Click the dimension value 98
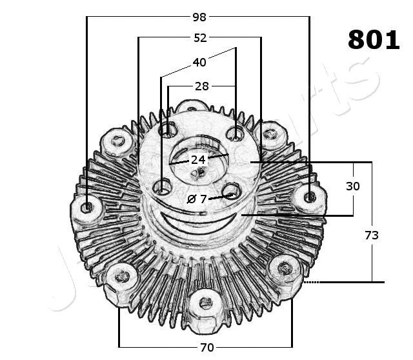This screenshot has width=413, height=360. point(199,17)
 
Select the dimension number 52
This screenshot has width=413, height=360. point(200,38)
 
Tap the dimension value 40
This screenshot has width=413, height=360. point(199,63)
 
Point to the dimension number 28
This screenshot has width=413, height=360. point(202,86)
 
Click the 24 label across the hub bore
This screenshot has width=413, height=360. point(197,159)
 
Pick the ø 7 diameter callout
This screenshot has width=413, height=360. point(197,199)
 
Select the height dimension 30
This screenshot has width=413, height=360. point(352,186)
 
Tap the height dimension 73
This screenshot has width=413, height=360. point(371,235)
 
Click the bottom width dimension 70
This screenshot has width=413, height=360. point(206,348)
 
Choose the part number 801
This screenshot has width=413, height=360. point(374,40)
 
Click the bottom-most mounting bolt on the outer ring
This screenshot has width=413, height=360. point(205,301)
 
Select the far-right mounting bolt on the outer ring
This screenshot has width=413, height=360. point(309,196)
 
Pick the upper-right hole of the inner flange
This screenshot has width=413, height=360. point(236,134)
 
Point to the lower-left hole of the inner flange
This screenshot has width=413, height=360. point(162,188)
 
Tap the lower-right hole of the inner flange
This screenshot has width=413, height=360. point(231,191)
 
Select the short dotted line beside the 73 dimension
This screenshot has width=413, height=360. point(312,282)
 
